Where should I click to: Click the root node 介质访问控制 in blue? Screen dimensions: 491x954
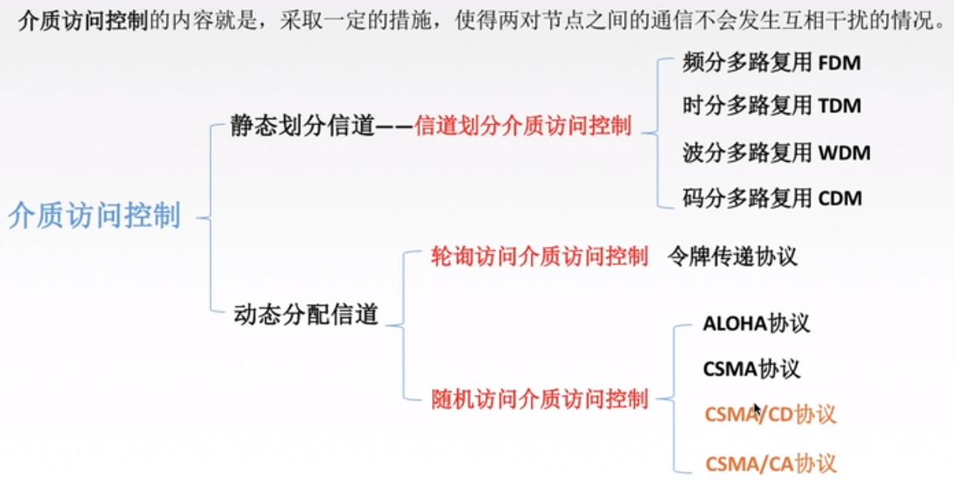point(95,216)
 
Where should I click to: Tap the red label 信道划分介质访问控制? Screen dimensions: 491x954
point(523,126)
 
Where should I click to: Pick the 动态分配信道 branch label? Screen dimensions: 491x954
point(306,314)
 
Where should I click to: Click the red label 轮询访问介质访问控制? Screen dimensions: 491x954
point(539,257)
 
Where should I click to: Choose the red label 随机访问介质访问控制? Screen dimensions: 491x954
point(539,399)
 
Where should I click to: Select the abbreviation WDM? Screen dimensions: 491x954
point(843,152)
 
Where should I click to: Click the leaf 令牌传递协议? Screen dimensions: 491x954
point(732,257)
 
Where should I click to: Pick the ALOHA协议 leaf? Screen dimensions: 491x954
point(756,324)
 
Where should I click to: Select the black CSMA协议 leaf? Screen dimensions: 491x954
point(751,369)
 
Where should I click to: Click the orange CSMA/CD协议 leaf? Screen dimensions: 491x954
point(770,414)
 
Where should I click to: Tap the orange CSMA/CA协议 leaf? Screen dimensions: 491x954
point(770,463)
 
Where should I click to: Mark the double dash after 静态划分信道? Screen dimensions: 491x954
point(395,127)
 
